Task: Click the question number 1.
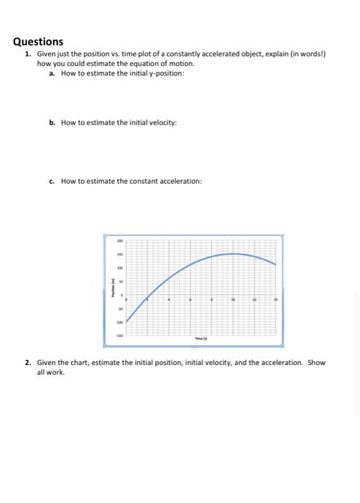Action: (27, 55)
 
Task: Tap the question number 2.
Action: (27, 363)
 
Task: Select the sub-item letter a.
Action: (52, 73)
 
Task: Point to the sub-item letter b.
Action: (52, 123)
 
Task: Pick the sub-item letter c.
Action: (52, 181)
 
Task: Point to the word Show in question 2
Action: (316, 363)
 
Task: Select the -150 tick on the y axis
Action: (121, 336)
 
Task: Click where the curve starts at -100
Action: (127, 322)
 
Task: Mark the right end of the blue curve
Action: (275, 264)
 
